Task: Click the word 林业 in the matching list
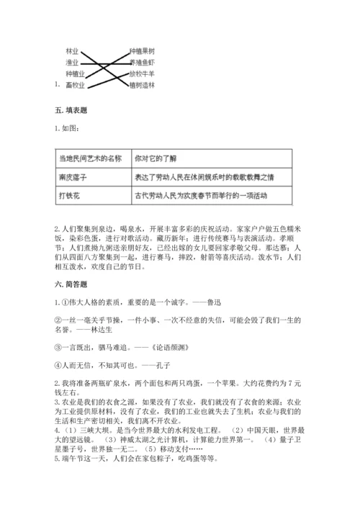[71, 52]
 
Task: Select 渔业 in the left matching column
[71, 63]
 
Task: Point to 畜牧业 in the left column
[74, 85]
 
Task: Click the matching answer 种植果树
[142, 52]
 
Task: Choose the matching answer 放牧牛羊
[142, 73]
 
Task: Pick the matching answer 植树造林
[142, 85]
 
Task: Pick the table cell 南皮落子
[73, 176]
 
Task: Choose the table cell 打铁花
[71, 194]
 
